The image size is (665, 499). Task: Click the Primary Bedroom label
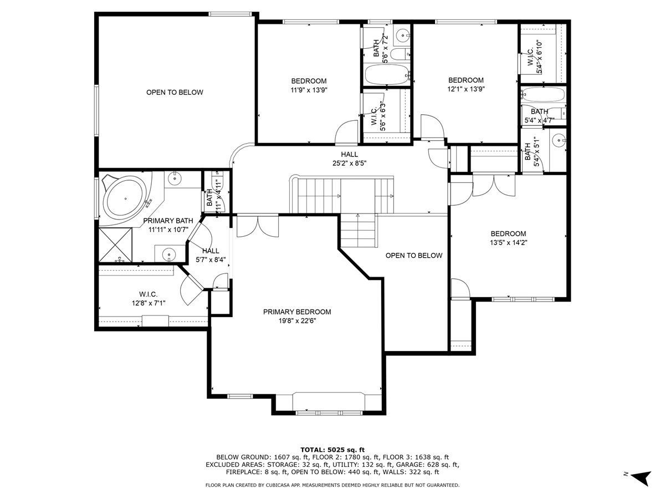296,312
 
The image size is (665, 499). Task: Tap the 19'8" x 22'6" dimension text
297,321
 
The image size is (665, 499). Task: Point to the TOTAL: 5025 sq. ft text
332,450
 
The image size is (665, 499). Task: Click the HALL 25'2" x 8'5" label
349,159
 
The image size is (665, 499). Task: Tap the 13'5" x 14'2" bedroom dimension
508,243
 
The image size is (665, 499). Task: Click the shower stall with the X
115,245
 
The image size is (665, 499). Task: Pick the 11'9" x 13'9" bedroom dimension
309,90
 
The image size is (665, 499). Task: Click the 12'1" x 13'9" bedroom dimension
466,89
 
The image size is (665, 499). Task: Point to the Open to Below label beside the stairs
414,256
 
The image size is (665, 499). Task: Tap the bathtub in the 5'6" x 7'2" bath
386,75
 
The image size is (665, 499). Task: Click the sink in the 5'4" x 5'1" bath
559,140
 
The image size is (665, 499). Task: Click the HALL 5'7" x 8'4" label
211,255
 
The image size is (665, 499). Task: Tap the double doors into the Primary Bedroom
257,226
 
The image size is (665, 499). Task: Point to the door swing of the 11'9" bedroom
347,133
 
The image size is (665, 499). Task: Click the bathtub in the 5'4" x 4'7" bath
544,94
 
